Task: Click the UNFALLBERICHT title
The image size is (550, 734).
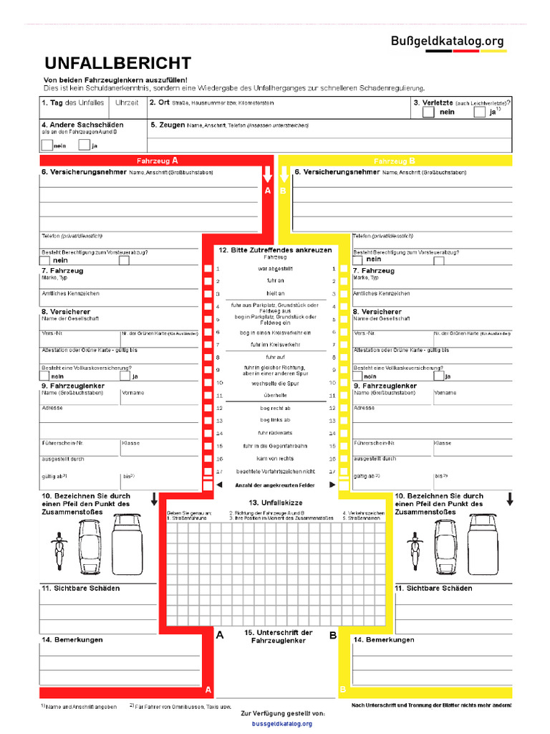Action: (x=118, y=62)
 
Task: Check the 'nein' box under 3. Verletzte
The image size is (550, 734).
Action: (x=428, y=111)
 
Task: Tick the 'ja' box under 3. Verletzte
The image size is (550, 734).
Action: (x=479, y=111)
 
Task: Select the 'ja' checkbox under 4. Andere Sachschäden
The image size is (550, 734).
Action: (x=84, y=146)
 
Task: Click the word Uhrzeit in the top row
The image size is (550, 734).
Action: (x=127, y=103)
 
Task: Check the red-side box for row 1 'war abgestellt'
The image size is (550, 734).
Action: (x=208, y=269)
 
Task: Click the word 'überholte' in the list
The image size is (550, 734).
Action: (x=276, y=395)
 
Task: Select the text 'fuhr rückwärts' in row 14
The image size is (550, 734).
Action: (x=276, y=433)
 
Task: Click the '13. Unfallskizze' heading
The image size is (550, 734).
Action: (x=276, y=502)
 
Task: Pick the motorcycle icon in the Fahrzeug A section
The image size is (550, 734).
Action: (x=60, y=544)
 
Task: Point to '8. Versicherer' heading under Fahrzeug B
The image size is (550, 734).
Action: (x=377, y=312)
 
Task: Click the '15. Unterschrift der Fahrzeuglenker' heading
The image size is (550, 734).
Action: (x=277, y=637)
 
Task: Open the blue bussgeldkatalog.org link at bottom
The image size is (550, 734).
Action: (x=282, y=724)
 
